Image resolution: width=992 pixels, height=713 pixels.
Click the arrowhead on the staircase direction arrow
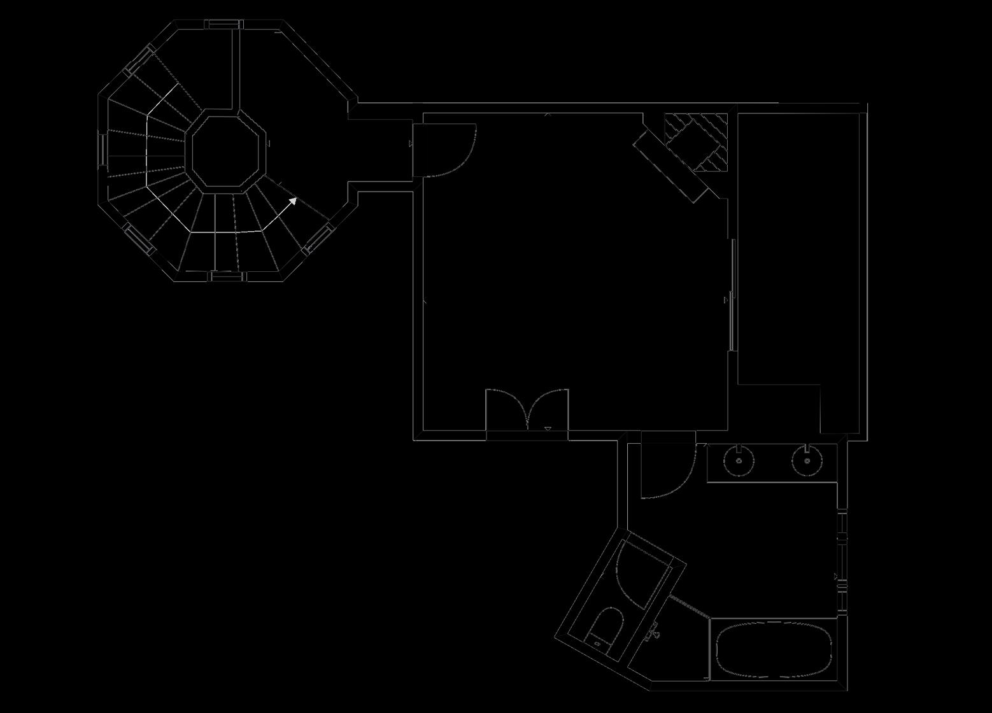click(x=293, y=201)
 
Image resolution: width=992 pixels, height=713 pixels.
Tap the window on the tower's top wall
click(x=223, y=24)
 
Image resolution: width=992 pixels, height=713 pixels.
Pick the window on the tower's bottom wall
click(x=228, y=276)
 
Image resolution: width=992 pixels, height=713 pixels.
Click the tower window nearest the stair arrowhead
click(x=318, y=239)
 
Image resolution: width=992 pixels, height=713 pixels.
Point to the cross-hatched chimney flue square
click(x=696, y=142)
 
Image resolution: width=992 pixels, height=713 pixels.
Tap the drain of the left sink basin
click(x=739, y=460)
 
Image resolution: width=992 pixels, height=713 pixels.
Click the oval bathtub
click(x=774, y=649)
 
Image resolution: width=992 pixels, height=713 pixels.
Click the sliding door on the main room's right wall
click(x=733, y=295)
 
